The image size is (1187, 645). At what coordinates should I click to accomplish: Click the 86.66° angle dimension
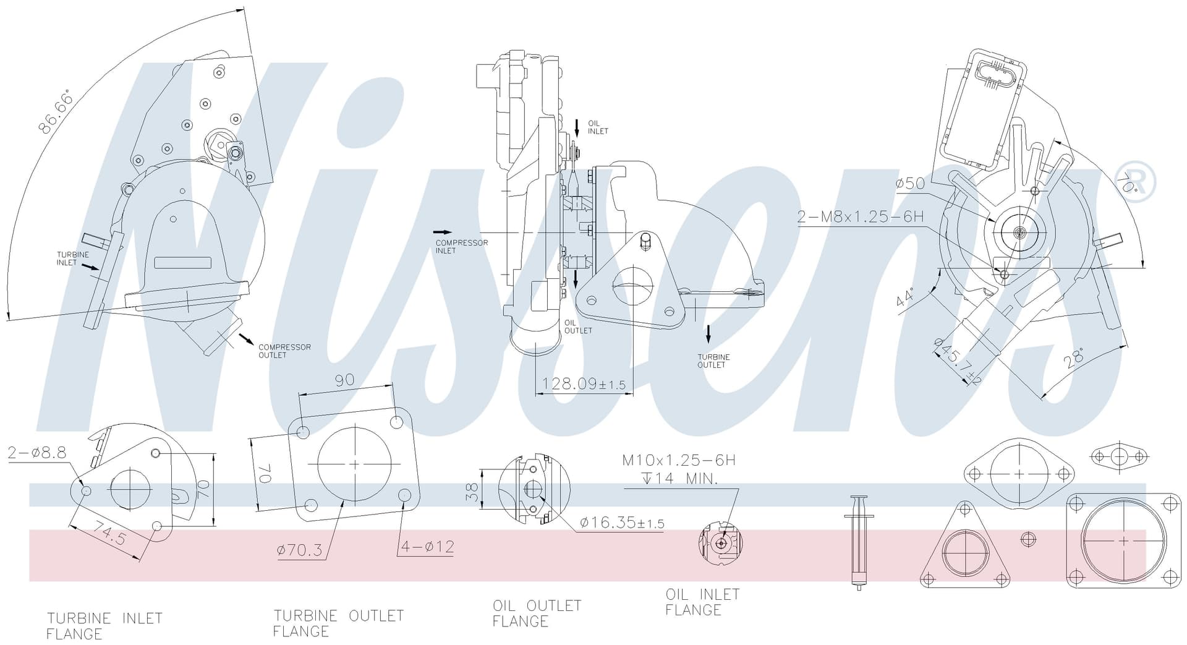click(x=55, y=112)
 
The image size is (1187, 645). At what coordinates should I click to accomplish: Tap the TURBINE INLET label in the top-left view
click(x=73, y=258)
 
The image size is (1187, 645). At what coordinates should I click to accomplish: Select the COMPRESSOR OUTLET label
click(x=284, y=351)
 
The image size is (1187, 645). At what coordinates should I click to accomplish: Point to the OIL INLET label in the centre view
click(x=598, y=127)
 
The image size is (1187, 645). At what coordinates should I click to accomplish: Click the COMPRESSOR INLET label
click(x=462, y=246)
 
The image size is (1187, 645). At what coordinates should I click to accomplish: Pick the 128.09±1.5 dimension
click(x=584, y=384)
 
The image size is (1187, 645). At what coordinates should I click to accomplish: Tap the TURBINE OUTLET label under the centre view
click(x=713, y=361)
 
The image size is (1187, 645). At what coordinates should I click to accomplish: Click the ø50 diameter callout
click(x=910, y=183)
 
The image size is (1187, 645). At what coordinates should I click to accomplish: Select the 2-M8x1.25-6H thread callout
click(x=860, y=216)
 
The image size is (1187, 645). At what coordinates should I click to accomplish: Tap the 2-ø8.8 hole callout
click(x=37, y=453)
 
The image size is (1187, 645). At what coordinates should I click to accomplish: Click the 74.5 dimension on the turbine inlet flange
click(x=109, y=532)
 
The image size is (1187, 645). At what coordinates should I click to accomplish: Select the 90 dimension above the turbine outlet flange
click(x=344, y=380)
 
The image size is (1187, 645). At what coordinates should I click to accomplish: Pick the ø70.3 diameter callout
click(x=300, y=550)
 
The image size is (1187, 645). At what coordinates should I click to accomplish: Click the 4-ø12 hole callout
click(x=428, y=547)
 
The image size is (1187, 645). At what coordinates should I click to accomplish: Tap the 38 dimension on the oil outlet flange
click(x=472, y=492)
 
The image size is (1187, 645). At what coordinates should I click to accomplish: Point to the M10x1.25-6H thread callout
click(x=678, y=460)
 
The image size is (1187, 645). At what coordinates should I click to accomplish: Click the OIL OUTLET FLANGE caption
click(x=537, y=613)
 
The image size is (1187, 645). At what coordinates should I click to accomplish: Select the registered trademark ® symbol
click(x=1136, y=181)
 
